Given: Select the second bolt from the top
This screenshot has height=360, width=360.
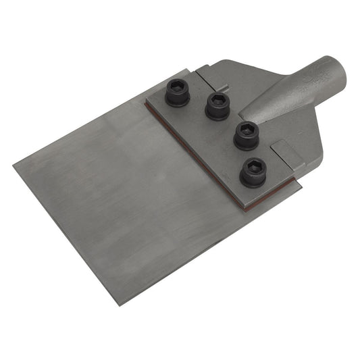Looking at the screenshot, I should point(217,106).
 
